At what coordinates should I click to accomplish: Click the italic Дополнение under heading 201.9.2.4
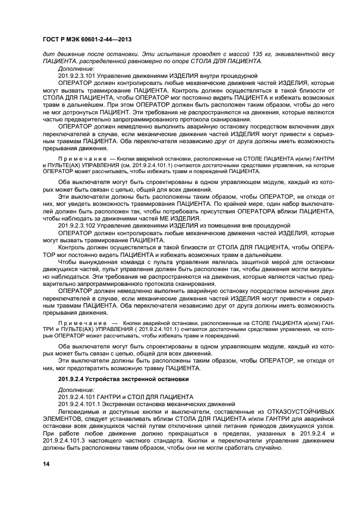pyautogui.click(x=76, y=390)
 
